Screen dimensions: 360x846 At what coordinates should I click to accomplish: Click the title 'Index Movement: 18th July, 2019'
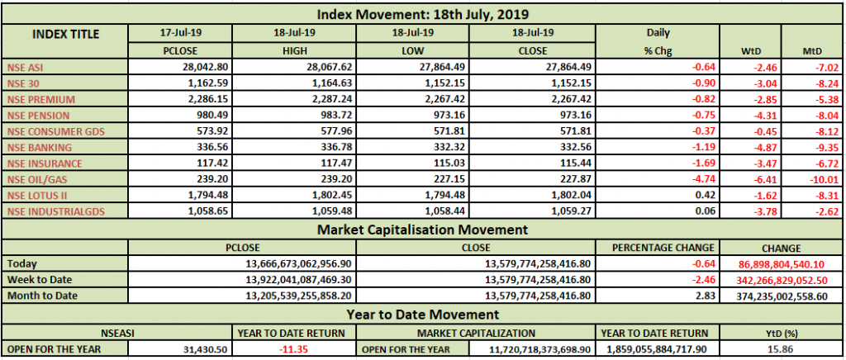coord(422,14)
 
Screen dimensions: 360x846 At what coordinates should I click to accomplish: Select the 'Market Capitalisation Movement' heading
coord(422,229)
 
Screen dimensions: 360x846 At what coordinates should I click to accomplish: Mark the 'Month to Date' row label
coord(44,295)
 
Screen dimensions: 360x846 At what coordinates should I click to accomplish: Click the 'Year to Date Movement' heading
coord(422,314)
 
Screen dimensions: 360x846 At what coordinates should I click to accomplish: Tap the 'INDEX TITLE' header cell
coord(66,35)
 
